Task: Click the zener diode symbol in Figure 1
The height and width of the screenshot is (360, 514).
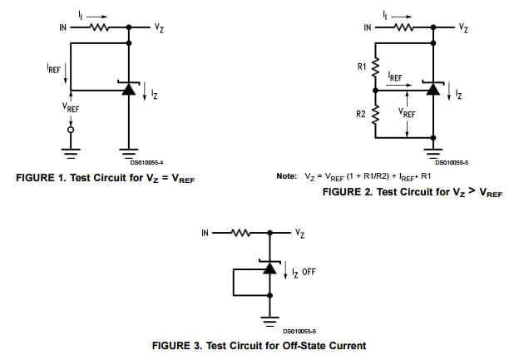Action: click(x=128, y=88)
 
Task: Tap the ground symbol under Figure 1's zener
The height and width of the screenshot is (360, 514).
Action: click(x=128, y=152)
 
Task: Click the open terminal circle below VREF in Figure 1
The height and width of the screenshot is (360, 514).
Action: click(x=70, y=130)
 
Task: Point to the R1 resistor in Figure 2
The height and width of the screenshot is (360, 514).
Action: click(x=376, y=65)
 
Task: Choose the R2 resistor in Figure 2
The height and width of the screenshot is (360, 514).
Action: click(x=376, y=117)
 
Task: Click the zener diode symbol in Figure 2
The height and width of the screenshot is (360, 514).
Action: click(x=432, y=88)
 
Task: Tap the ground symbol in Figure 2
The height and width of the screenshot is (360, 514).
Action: click(x=432, y=151)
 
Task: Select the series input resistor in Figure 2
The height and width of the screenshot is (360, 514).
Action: click(x=403, y=27)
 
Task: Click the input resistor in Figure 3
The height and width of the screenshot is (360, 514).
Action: click(x=240, y=233)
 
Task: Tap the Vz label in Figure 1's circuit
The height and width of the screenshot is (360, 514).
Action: click(x=159, y=27)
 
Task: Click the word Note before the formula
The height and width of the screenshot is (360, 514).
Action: click(x=286, y=176)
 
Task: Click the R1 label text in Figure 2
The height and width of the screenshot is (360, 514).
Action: click(x=362, y=65)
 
